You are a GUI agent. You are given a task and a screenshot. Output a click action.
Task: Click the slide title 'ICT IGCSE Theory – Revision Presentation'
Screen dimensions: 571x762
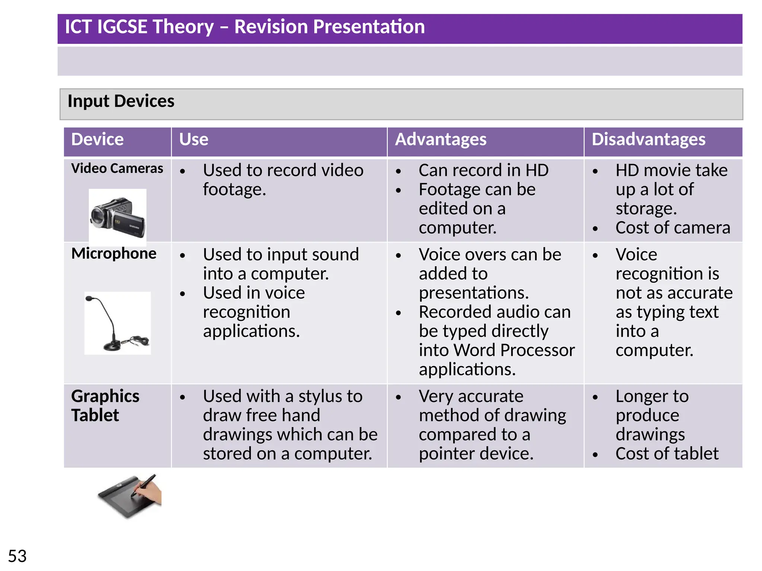coord(244,27)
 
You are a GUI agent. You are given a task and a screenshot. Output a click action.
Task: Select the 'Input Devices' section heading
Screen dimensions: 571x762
coord(121,101)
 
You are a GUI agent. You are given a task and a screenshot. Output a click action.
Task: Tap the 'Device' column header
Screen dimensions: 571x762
coord(97,139)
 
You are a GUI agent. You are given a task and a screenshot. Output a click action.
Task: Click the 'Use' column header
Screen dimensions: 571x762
coord(193,139)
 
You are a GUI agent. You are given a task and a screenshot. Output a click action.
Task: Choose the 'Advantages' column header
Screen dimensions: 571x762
coord(441,139)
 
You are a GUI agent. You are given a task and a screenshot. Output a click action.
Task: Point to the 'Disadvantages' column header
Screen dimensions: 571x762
coord(648,139)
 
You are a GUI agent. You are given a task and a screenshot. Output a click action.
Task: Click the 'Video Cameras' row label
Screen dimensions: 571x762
coord(117,168)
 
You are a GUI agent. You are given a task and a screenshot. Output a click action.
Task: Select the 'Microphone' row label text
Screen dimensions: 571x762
coord(113,254)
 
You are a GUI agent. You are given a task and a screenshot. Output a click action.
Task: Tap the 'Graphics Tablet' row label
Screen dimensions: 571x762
coord(105,406)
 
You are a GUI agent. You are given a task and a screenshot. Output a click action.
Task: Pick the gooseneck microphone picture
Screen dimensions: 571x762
coord(118,323)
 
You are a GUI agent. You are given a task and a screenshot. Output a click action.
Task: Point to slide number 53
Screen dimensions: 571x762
coord(17,556)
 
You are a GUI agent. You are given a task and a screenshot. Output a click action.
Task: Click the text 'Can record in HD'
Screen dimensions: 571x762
coord(483,170)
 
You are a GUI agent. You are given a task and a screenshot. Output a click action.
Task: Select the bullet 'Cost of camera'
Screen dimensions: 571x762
coord(672,228)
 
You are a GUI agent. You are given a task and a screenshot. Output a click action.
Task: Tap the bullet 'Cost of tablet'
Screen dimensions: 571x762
coord(667,454)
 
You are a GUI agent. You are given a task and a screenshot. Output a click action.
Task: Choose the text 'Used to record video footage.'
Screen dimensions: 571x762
coord(283,180)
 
